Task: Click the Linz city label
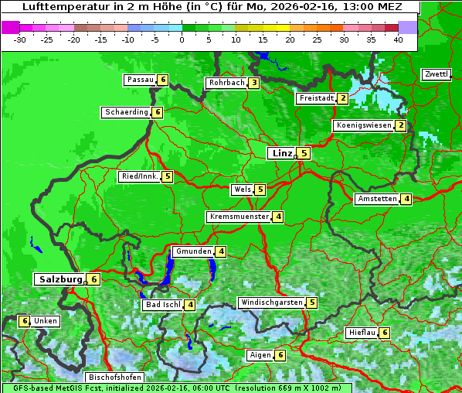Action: [282, 153]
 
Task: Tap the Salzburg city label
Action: [59, 279]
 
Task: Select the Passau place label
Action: [141, 80]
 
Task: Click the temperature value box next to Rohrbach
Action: [254, 83]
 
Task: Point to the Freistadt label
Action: [316, 98]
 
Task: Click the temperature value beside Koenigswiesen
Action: [400, 125]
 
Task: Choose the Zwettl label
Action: [436, 74]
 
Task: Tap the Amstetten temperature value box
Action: [406, 199]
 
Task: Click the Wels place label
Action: [243, 190]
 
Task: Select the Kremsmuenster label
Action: [239, 217]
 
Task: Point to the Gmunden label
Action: [192, 251]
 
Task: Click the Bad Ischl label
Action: [163, 305]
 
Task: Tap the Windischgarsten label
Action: [271, 302]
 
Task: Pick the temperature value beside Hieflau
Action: [385, 333]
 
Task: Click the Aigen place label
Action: [260, 355]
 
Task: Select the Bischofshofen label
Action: [115, 377]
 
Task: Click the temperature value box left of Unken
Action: [24, 321]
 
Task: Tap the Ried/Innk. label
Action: [140, 176]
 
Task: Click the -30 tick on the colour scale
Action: [20, 39]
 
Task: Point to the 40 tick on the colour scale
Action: [398, 39]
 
